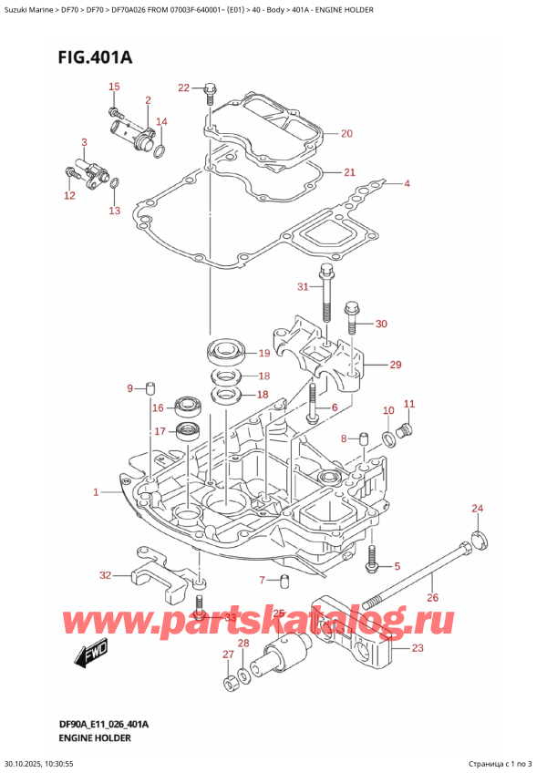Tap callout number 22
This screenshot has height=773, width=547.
(x=183, y=88)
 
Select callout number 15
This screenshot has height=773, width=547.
(x=114, y=87)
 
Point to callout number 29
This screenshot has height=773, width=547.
(x=395, y=366)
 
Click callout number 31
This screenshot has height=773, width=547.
(x=304, y=289)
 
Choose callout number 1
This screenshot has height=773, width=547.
(x=96, y=493)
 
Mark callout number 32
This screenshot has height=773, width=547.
(x=105, y=575)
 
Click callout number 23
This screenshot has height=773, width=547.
(x=418, y=649)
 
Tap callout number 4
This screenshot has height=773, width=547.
(x=408, y=184)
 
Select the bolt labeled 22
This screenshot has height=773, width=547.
(x=211, y=91)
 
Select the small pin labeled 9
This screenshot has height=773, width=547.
(x=143, y=391)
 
